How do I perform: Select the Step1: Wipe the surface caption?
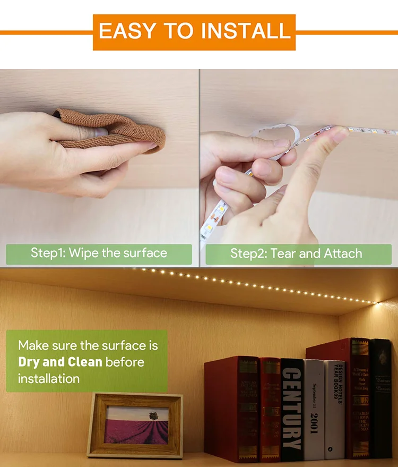pyautogui.click(x=99, y=253)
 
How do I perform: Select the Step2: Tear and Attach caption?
pyautogui.click(x=296, y=253)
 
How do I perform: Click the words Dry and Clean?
pyautogui.click(x=60, y=362)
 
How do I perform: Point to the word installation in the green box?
pyautogui.click(x=49, y=379)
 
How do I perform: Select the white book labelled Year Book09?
pyautogui.click(x=334, y=406)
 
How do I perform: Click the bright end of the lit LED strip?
pyautogui.click(x=376, y=302)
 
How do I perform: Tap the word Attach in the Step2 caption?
pyautogui.click(x=343, y=253)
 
